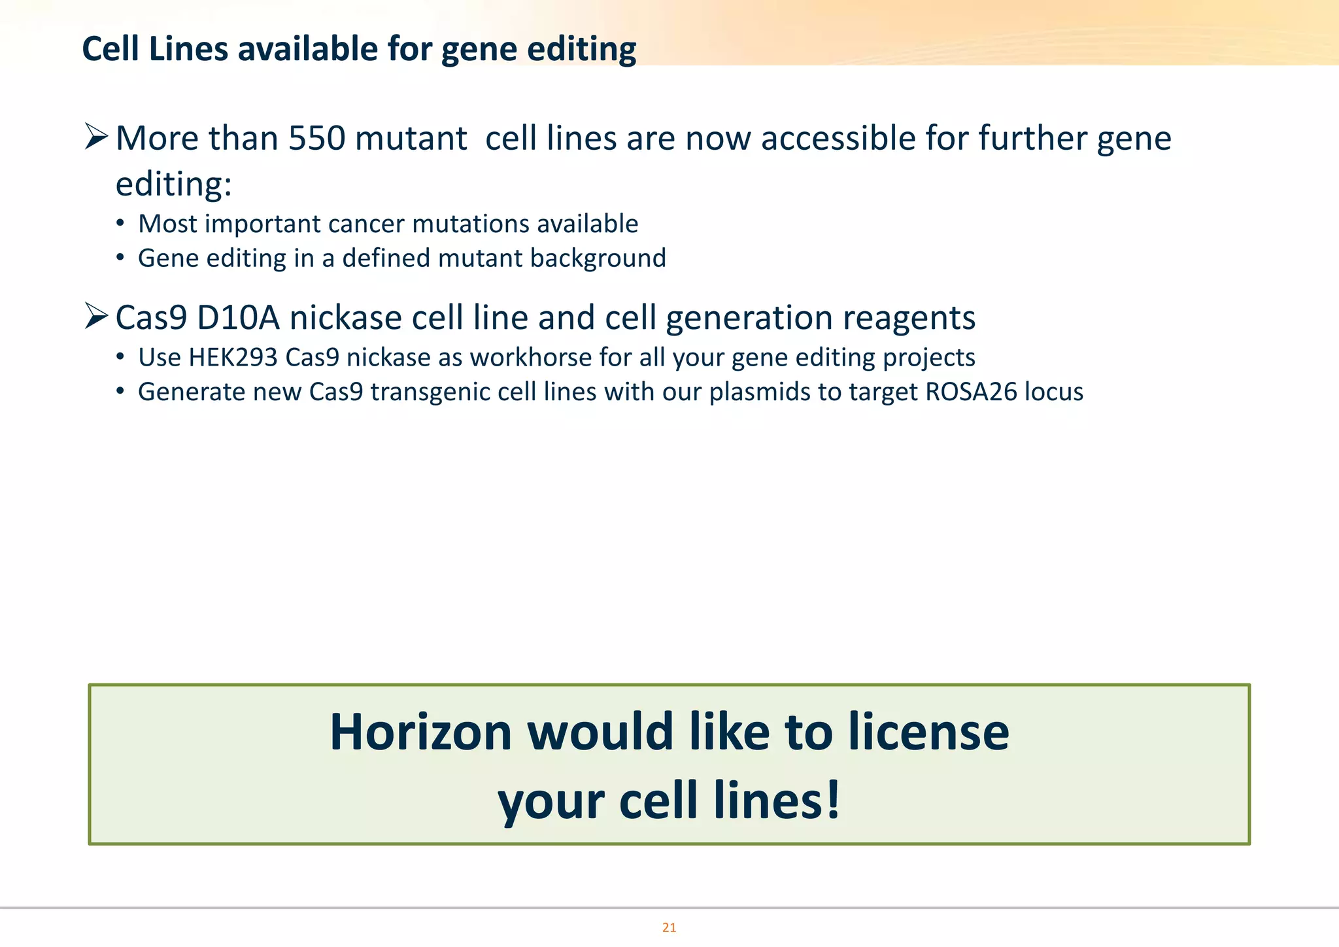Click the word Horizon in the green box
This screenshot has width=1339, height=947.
pos(420,732)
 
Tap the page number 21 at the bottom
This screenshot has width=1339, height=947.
pos(669,927)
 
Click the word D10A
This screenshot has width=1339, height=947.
pos(237,319)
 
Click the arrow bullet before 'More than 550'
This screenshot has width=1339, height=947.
pos(96,137)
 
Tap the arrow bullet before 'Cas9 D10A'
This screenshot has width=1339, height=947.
pos(96,317)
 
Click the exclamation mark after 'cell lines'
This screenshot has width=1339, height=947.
pos(833,801)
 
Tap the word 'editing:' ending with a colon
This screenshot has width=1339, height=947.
pos(173,184)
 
